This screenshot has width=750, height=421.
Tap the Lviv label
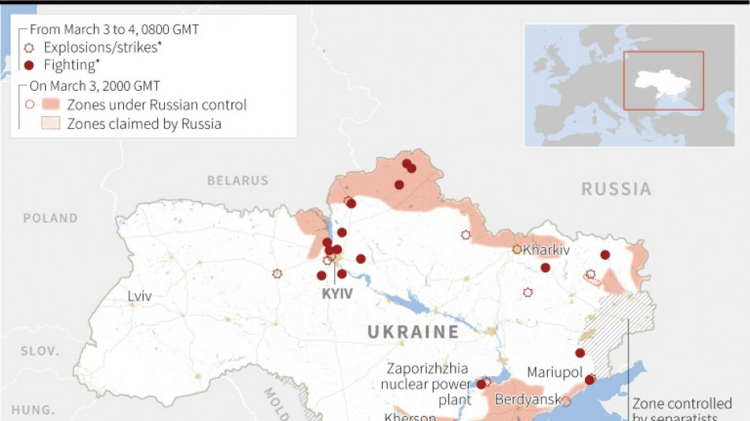coord(140,296)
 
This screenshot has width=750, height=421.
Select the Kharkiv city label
coord(546,250)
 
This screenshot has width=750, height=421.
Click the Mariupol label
coord(554,372)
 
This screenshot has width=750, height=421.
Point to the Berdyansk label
coord(527,400)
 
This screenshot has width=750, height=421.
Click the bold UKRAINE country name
coord(413,332)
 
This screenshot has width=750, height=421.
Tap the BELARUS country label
coord(238,181)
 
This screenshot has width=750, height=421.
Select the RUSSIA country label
coord(616,190)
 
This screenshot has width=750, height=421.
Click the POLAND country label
coord(51,218)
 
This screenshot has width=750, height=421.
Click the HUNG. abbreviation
coord(33,410)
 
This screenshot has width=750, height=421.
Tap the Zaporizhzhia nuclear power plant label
coord(426,384)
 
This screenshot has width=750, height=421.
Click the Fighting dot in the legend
coord(30,66)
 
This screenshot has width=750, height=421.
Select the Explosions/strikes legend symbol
coord(30,47)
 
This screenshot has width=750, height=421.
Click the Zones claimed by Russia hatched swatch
coord(51,123)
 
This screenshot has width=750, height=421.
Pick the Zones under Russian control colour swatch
coord(51,104)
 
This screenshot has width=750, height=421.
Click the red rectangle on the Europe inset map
coord(663,81)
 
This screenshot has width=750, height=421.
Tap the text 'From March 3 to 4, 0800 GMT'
coord(114,29)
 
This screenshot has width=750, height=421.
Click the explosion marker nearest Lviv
coord(277,273)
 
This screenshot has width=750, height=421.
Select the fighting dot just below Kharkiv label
coord(546,268)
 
